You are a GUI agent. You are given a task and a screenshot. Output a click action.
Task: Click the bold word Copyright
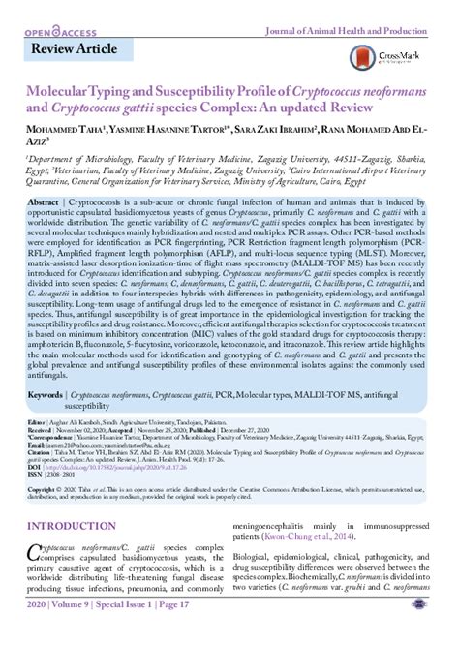pyautogui.click(x=45, y=491)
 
